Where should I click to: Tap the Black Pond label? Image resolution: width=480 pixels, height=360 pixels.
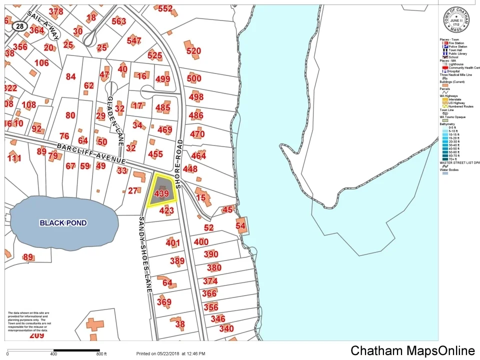(x=63, y=223)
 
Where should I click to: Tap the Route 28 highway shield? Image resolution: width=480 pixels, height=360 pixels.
(x=18, y=25)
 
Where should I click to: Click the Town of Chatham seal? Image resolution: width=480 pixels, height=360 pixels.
(x=455, y=20)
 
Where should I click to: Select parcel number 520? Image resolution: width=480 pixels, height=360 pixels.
(x=193, y=51)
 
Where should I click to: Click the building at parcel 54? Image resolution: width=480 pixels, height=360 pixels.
(x=241, y=225)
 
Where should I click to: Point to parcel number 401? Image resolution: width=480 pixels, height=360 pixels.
(x=172, y=243)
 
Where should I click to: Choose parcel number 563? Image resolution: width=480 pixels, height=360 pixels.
(x=119, y=21)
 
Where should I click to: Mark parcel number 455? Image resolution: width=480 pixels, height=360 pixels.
(x=155, y=154)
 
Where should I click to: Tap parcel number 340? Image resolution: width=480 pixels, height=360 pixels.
(x=226, y=328)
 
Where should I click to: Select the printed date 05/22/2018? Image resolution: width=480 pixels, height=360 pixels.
(x=170, y=353)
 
